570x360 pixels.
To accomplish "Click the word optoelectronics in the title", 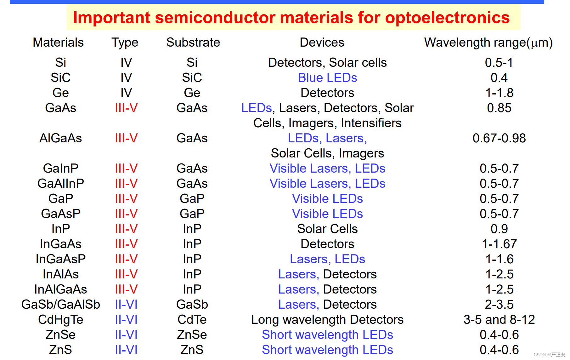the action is pos(447,18).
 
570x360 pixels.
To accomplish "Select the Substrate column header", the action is pos(193,43).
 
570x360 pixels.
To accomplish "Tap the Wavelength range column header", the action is pos(488,43).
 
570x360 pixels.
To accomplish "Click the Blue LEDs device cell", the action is pos(327,78).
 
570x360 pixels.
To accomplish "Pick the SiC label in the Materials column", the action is pos(60,78).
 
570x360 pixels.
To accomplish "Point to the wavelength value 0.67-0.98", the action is pos(499,138).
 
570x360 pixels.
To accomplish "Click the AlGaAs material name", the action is pos(60,138).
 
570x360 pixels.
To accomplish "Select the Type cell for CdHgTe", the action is pos(126,320).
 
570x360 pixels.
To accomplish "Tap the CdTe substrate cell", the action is pos(192,320).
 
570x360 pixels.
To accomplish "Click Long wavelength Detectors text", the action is pos(327,320).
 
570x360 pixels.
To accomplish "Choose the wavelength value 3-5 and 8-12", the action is pos(499,320).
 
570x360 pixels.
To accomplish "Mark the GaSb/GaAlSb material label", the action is pos(61,305).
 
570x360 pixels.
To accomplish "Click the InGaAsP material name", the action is pos(61,259).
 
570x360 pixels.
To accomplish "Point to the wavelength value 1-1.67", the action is pos(499,244).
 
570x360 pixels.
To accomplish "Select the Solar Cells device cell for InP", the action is pos(327,229).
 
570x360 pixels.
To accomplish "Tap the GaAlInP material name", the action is pos(61,184).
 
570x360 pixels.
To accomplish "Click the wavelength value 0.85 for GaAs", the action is pos(499,108).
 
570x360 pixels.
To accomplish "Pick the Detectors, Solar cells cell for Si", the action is pos(327,63).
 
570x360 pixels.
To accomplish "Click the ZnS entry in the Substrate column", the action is pos(192,350).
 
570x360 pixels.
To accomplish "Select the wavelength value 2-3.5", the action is pos(499,305).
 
